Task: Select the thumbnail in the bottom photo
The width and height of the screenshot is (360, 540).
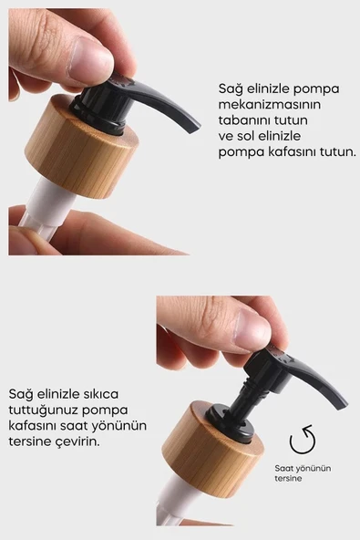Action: pos(252,329)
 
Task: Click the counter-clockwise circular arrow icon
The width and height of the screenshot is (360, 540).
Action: pos(302,441)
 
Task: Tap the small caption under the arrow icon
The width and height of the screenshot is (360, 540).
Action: pos(303,472)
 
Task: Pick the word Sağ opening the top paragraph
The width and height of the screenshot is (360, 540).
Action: pos(231,89)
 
